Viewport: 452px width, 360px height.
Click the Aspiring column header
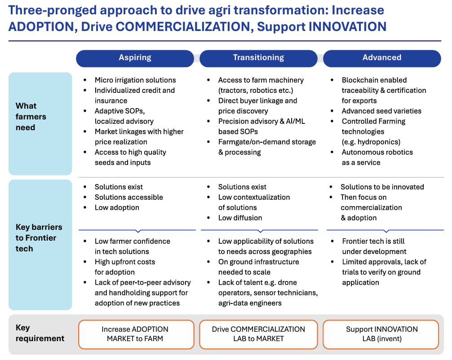tap(135, 58)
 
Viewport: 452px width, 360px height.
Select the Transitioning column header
tap(258, 58)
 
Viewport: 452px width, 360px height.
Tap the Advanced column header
tap(382, 58)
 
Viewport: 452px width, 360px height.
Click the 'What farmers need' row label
tap(31, 117)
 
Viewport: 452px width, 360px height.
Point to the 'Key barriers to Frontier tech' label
tap(39, 238)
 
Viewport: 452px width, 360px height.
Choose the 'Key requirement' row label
tap(40, 333)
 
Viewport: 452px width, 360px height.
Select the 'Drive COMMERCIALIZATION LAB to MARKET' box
tap(258, 334)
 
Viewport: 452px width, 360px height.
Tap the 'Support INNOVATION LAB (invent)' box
tap(381, 334)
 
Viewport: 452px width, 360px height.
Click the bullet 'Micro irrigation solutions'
tap(135, 80)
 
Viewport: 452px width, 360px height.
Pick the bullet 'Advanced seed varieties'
tap(381, 111)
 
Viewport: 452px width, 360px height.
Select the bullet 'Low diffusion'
tap(240, 218)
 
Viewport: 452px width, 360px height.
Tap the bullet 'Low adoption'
tap(117, 207)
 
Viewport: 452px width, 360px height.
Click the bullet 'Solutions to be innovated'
tap(382, 187)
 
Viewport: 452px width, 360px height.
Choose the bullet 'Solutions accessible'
tap(129, 197)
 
